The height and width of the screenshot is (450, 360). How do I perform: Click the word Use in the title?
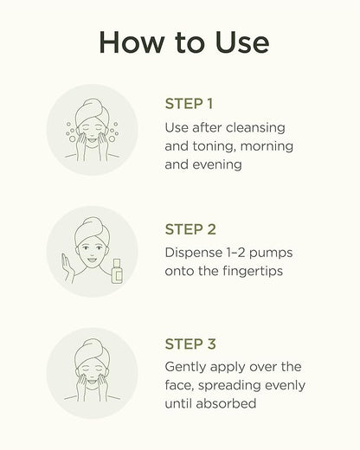tap(242, 42)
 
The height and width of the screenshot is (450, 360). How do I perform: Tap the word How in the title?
tap(132, 42)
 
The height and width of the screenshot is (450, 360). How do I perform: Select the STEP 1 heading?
tap(189, 104)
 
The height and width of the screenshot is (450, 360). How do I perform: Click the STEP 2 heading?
tap(190, 229)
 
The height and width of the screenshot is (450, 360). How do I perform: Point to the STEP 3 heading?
tap(190, 344)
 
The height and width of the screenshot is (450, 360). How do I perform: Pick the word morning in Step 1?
tap(267, 146)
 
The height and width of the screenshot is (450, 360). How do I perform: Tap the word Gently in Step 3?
tap(185, 367)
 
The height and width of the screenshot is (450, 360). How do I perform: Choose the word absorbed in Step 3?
tap(226, 403)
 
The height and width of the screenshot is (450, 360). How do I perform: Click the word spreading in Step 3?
tap(229, 386)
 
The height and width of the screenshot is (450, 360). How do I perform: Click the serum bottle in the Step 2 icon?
tap(117, 271)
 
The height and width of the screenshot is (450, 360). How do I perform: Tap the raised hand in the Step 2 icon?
tap(67, 267)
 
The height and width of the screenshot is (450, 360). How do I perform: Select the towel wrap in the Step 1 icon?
tap(91, 112)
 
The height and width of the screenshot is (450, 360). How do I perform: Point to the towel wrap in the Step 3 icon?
tap(92, 352)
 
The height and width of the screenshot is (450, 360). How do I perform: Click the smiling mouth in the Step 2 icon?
tap(92, 259)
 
